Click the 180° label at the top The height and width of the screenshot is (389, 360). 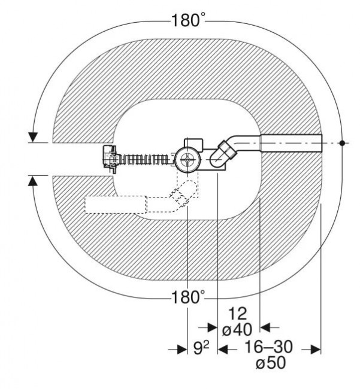[x=188, y=20]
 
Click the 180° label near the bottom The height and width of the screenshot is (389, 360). [x=188, y=297]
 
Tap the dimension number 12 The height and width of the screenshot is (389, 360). [x=238, y=314]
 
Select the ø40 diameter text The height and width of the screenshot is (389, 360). [x=237, y=330]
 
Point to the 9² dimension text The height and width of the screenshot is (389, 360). [x=201, y=348]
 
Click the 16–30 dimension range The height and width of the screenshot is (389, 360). [x=268, y=347]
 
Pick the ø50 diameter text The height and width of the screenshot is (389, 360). [x=271, y=363]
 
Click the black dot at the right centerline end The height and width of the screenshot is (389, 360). [x=342, y=143]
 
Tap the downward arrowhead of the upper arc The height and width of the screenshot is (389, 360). [x=33, y=137]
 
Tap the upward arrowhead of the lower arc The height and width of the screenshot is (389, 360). [x=33, y=181]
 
